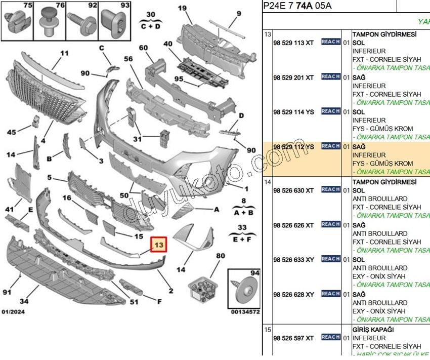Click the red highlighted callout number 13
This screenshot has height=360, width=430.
(x=159, y=245)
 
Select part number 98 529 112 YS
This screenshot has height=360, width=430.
(x=293, y=147)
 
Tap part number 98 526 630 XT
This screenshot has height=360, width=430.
(x=293, y=190)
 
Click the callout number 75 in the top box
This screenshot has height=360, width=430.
(x=27, y=6)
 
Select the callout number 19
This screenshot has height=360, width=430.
(x=182, y=8)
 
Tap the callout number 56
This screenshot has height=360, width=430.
(x=128, y=59)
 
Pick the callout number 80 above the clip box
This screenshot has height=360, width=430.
(x=220, y=256)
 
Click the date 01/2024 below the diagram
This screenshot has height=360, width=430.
(x=13, y=311)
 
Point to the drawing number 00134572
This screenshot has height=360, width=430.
(x=245, y=312)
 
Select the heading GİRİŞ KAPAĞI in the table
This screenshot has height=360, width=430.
(x=377, y=330)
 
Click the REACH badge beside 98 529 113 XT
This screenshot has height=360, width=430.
(x=330, y=42)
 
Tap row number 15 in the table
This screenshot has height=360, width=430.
(x=268, y=330)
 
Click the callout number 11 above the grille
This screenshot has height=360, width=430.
(x=64, y=53)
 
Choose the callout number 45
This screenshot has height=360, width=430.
(x=11, y=133)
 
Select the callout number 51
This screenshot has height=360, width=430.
(x=134, y=303)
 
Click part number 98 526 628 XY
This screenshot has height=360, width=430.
(x=293, y=295)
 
